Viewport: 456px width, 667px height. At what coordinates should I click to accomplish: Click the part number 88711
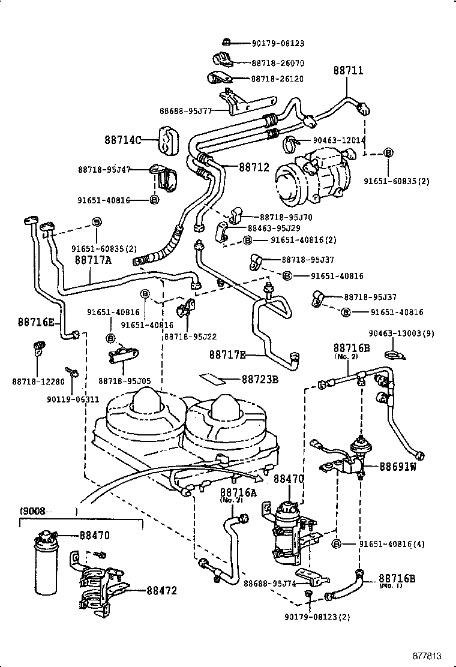tap(348, 71)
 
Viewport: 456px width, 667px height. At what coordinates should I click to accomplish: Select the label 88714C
tap(122, 140)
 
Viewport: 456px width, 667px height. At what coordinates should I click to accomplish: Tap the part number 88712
tap(254, 167)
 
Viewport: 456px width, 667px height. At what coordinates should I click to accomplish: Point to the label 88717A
tap(93, 260)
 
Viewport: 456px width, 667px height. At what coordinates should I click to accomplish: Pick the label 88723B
tap(260, 379)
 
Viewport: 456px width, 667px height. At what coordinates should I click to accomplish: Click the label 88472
tap(162, 590)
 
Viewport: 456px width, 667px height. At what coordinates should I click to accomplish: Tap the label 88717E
tap(227, 355)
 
